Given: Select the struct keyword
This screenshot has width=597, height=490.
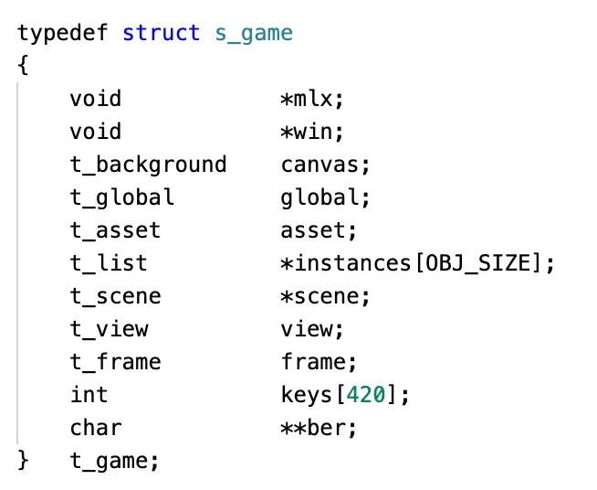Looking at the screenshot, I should point(162,33).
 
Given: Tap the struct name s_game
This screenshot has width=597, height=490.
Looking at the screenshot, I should point(254,33).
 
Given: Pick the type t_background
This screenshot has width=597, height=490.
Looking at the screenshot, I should point(148,165).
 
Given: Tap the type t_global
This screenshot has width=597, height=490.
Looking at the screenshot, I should point(121,197).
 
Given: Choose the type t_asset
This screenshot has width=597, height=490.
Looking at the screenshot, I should point(115,230).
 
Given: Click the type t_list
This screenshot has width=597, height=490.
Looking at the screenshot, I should point(109,263).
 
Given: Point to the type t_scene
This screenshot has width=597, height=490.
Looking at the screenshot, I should point(115,296).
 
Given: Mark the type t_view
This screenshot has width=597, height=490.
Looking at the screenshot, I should point(109,329).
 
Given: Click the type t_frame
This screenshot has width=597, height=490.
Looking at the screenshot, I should point(115,362).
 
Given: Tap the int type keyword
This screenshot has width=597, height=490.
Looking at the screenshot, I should point(89,395).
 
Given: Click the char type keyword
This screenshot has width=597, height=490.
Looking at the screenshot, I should point(96,428).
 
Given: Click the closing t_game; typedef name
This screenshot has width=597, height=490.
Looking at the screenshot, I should point(115,461).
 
